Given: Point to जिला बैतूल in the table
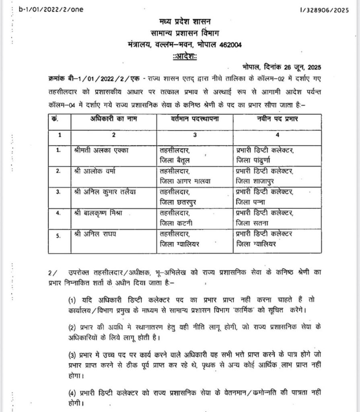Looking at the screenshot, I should pyautogui.click(x=177, y=161).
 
